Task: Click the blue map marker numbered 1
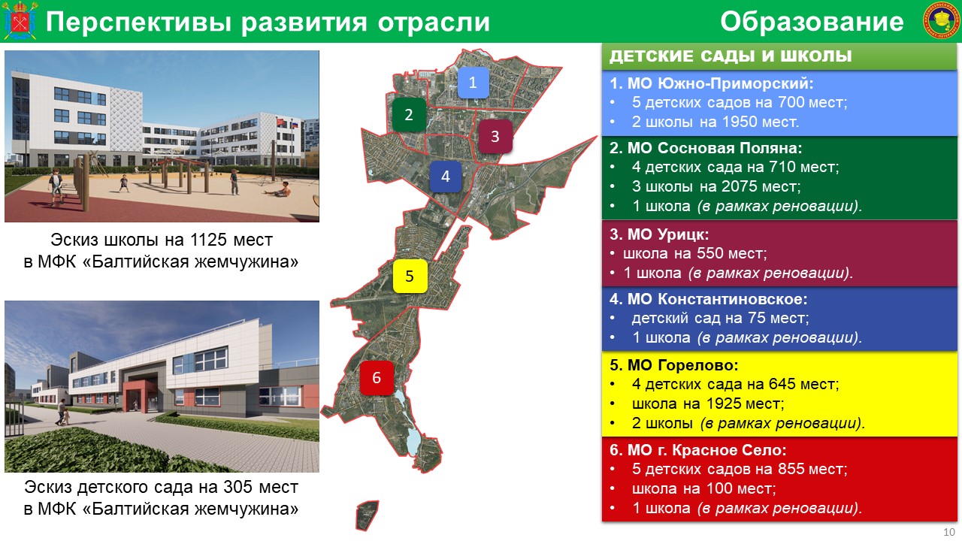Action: click(473, 83)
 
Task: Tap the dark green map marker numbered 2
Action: click(409, 115)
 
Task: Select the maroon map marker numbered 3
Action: click(495, 137)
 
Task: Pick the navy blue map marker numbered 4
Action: click(446, 177)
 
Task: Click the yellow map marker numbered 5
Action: click(410, 276)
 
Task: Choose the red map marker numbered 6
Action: click(377, 378)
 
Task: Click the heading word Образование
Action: click(812, 22)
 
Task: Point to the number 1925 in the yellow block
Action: click(724, 403)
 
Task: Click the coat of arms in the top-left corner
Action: click(20, 20)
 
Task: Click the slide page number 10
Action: click(949, 532)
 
